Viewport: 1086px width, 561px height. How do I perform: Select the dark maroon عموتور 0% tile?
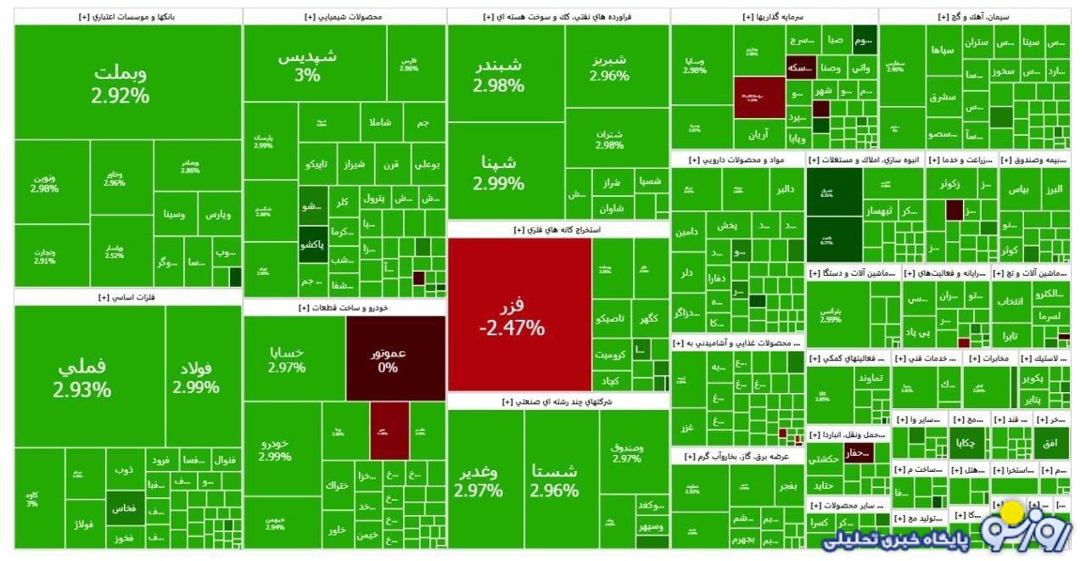pos(395,358)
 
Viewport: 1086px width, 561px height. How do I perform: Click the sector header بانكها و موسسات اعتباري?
pos(128,17)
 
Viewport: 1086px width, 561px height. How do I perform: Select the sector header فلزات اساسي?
pos(128,297)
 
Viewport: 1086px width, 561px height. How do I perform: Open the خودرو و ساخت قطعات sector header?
pos(344,307)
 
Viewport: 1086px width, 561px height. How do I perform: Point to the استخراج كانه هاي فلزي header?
pos(557,229)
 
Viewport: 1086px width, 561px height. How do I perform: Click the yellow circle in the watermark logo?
pos(1012,513)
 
